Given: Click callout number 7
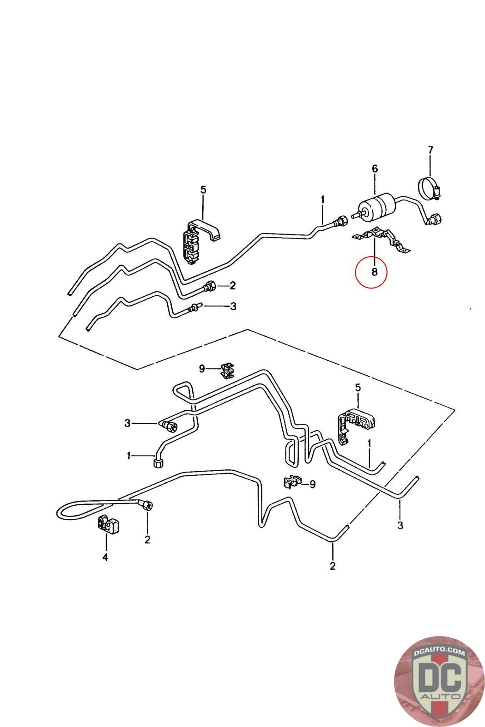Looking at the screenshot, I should [x=430, y=150].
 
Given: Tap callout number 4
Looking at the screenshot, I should [x=105, y=557].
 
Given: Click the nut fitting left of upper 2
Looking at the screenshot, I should [x=210, y=287].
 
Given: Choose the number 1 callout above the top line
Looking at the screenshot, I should [x=323, y=199].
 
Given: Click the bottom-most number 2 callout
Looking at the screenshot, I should [x=332, y=567].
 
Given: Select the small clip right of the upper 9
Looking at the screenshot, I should [x=227, y=370].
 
